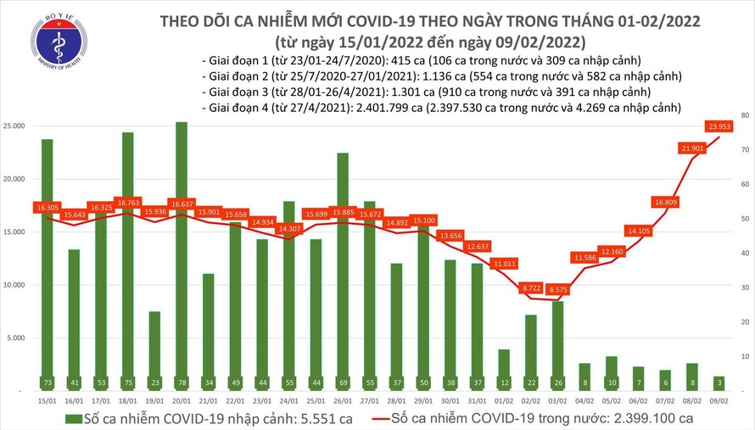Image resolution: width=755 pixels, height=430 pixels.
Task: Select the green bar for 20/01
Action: click(x=182, y=254)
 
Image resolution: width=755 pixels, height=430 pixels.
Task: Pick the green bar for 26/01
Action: click(x=343, y=271)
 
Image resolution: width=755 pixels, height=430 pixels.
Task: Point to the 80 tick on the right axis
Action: click(x=743, y=114)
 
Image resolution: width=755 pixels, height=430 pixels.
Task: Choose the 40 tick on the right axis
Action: click(x=743, y=253)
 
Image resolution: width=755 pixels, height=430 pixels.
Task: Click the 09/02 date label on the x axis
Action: click(x=719, y=399)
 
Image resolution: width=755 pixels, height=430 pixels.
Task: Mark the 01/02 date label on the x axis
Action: click(x=504, y=399)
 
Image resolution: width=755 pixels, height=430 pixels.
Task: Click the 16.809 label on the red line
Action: click(x=665, y=203)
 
